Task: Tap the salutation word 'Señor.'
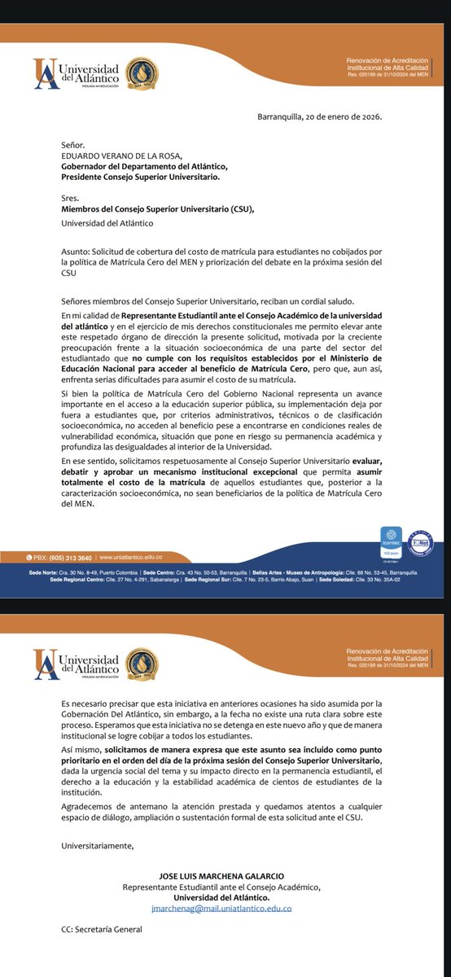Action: tap(74, 145)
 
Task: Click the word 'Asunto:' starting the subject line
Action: tap(79, 252)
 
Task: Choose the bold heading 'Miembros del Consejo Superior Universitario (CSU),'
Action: tap(158, 209)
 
